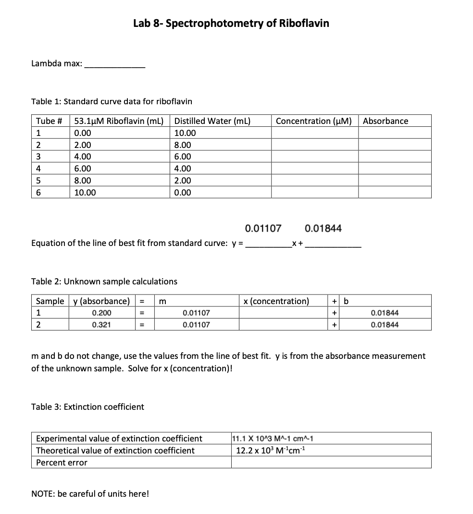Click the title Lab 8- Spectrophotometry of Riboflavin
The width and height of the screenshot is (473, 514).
coord(231,24)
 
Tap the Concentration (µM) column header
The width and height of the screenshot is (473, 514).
coord(314,121)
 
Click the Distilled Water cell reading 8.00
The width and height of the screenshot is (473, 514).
coord(183,145)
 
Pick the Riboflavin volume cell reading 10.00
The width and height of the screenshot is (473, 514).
coord(85,193)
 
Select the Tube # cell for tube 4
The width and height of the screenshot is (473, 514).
coord(39,169)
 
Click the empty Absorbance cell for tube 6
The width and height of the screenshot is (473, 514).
coord(394,193)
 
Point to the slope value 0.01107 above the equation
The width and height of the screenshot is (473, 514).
coord(263,228)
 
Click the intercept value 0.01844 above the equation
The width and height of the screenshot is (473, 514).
coord(323,228)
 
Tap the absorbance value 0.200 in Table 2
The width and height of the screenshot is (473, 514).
coord(100,313)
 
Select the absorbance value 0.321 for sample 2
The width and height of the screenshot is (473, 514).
coord(100,325)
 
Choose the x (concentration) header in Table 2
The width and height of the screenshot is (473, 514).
coord(276,301)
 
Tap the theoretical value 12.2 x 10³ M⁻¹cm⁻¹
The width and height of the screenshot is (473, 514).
coord(272,451)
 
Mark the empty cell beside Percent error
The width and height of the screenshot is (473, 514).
coord(331,463)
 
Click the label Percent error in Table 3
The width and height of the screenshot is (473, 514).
coord(62,463)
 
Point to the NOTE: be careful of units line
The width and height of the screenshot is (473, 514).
coord(90,494)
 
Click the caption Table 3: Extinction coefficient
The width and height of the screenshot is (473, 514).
coord(87,407)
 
